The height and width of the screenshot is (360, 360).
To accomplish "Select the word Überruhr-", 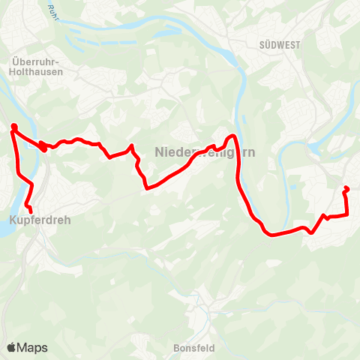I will (37, 62).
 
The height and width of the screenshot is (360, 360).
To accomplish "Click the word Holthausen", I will (37, 72).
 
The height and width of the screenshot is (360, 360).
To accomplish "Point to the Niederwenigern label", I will (204, 151).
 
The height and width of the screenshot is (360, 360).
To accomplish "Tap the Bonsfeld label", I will (194, 348).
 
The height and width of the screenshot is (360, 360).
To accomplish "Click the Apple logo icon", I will (12, 347).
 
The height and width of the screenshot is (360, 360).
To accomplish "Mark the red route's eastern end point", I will (346, 188).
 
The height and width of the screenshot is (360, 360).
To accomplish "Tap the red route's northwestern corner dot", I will (13, 127).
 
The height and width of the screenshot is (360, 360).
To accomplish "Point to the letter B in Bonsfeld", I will (176, 348).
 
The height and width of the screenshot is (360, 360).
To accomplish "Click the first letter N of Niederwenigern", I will (158, 151).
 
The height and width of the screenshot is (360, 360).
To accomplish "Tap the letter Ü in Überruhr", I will (16, 62).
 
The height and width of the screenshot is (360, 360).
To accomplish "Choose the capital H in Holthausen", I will (15, 72).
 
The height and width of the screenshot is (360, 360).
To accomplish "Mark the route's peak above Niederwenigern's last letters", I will (233, 136).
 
